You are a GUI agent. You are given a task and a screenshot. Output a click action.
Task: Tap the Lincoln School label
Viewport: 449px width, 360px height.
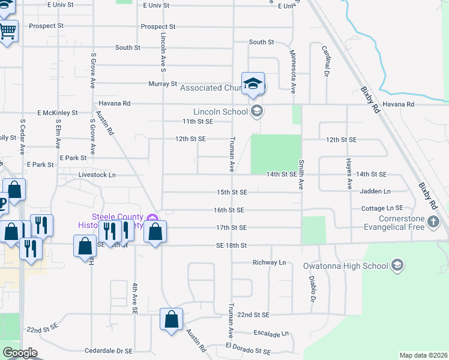point(220,112)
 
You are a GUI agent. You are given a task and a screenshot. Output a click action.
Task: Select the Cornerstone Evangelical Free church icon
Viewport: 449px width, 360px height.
point(434,223)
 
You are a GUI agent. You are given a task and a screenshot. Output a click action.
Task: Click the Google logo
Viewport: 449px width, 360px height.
point(20,353)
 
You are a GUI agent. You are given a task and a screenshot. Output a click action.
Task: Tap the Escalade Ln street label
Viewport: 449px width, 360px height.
point(272,334)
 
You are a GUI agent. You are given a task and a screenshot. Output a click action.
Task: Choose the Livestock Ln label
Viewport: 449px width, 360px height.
point(97,175)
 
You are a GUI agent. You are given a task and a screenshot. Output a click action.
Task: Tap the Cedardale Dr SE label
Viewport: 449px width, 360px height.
point(108,350)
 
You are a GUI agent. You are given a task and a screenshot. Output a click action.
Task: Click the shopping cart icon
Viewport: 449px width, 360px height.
point(7,30)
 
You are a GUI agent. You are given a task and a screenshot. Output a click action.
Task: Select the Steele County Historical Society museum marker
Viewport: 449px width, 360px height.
point(153,218)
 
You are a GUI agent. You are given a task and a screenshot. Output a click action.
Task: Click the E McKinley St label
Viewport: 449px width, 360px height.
point(58,112)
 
